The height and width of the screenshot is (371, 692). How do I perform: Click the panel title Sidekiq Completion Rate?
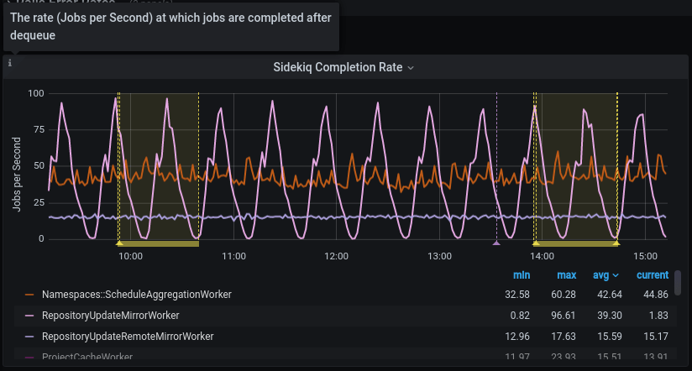tap(338, 67)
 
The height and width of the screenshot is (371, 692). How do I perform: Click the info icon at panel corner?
tap(10, 63)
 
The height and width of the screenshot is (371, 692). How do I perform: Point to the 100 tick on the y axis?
tap(35, 92)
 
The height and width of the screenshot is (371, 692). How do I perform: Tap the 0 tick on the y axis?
tap(40, 239)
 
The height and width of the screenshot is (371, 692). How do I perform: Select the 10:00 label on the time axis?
tap(130, 256)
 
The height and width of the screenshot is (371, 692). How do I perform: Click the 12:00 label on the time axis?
tap(336, 256)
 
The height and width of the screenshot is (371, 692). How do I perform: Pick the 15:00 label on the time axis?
tap(645, 256)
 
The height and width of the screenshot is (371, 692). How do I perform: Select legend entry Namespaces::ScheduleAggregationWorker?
tap(136, 295)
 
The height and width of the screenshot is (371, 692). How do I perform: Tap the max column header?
tap(566, 275)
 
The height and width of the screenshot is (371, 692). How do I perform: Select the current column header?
tap(653, 275)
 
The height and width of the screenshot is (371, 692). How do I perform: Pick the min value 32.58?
tap(521, 295)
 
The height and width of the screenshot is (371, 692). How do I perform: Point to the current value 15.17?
tap(653, 337)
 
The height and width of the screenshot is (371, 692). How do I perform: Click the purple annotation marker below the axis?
tap(496, 243)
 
